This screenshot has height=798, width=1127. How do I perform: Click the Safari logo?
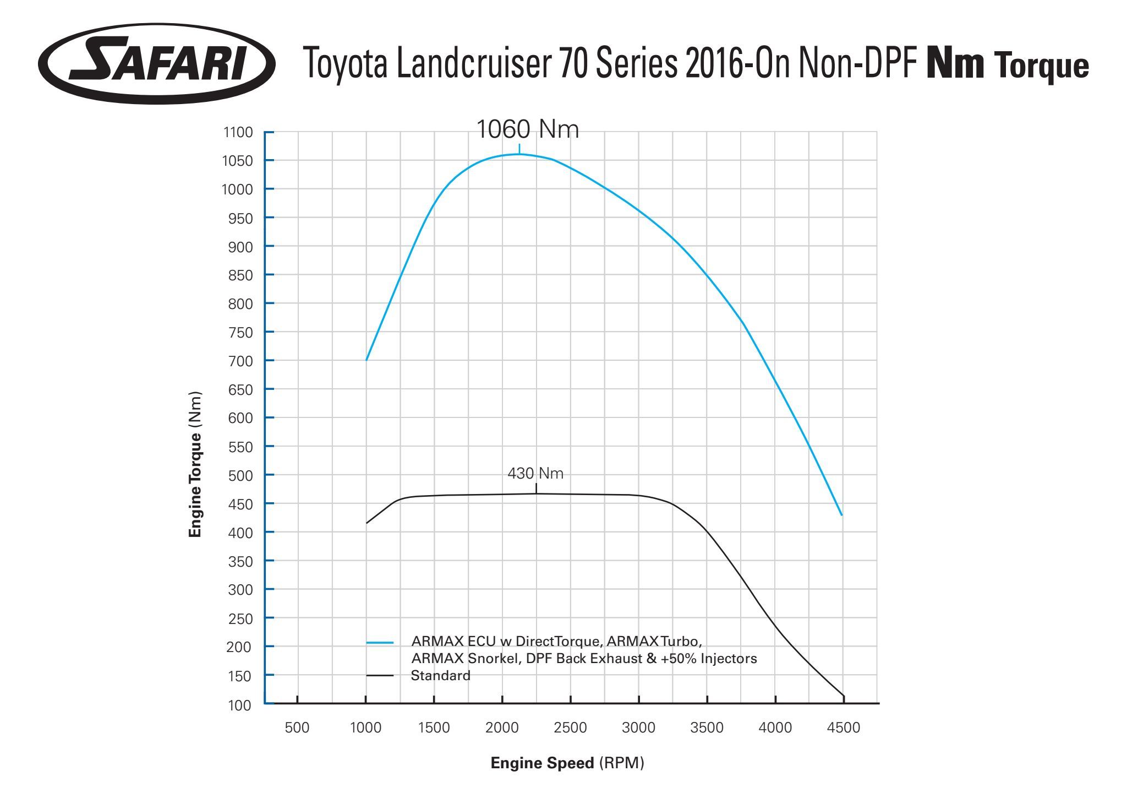pyautogui.click(x=157, y=63)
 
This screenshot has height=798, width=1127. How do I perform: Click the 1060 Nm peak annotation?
pyautogui.click(x=527, y=129)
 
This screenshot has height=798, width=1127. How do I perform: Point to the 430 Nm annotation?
pyautogui.click(x=535, y=474)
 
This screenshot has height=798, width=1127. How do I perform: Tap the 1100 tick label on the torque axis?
pyautogui.click(x=238, y=133)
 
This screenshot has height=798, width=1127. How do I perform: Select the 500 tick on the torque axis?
pyautogui.click(x=240, y=475)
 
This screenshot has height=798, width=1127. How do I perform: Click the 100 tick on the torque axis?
pyautogui.click(x=240, y=705)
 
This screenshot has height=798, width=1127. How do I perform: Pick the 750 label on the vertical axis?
pyautogui.click(x=240, y=333)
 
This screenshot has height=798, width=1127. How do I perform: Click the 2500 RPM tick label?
pyautogui.click(x=570, y=728)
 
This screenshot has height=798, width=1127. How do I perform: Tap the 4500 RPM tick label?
pyautogui.click(x=843, y=728)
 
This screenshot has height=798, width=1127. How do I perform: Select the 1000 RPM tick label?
pyautogui.click(x=365, y=728)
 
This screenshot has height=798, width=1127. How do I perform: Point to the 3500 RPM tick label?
pyautogui.click(x=707, y=728)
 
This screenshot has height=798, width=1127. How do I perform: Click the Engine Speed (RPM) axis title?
pyautogui.click(x=567, y=763)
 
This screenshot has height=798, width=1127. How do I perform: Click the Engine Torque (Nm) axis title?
pyautogui.click(x=195, y=464)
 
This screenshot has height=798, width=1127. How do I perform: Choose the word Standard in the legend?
pyautogui.click(x=440, y=676)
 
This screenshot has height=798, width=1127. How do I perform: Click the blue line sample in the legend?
pyautogui.click(x=380, y=643)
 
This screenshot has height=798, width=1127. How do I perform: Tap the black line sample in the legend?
pyautogui.click(x=380, y=676)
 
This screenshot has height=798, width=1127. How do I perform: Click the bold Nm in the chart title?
pyautogui.click(x=955, y=64)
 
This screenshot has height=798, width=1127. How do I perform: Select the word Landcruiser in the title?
pyautogui.click(x=473, y=64)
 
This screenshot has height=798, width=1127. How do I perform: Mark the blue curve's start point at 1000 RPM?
pyautogui.click(x=366, y=360)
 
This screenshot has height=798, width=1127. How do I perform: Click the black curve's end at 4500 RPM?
pyautogui.click(x=843, y=696)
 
